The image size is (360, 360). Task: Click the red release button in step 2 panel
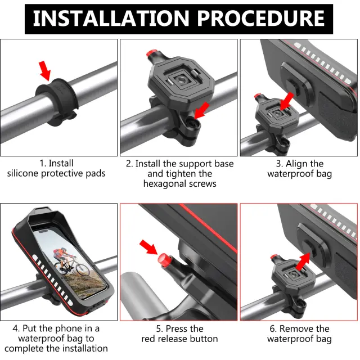(151, 55)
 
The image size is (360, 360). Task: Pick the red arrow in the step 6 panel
(303, 261)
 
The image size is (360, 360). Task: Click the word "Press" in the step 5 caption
(179, 328)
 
